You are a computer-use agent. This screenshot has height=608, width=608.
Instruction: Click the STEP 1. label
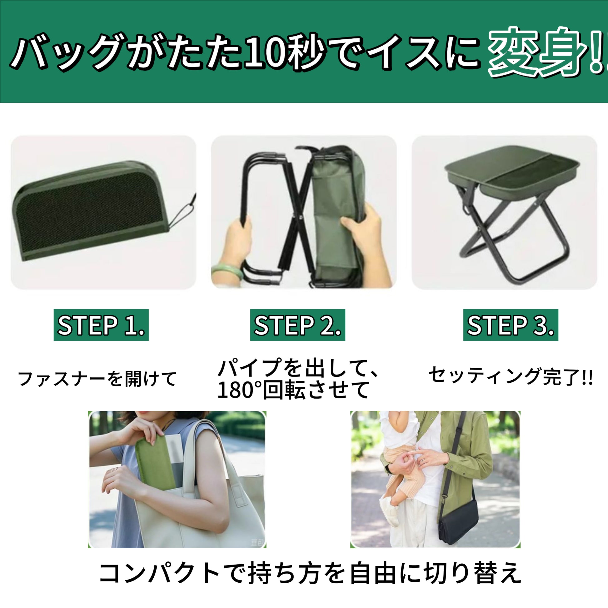point(101,325)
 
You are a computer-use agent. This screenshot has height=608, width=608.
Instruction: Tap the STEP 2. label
point(298,325)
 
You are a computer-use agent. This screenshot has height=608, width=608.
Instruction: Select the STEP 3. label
point(511,325)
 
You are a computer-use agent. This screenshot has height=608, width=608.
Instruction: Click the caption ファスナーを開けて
point(97,379)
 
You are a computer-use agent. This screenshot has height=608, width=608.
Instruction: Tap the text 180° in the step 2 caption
point(239,390)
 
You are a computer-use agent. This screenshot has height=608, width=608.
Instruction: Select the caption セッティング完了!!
point(511,376)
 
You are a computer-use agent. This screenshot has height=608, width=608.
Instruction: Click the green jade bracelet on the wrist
point(227,272)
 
